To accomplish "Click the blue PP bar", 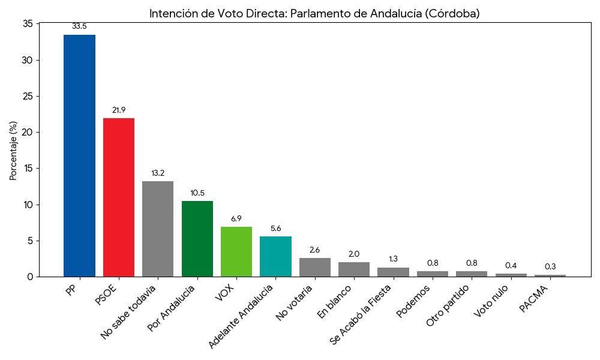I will pyautogui.click(x=79, y=156).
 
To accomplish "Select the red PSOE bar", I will pyautogui.click(x=119, y=197).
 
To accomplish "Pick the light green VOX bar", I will pyautogui.click(x=236, y=252).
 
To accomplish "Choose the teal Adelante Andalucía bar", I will pyautogui.click(x=275, y=257).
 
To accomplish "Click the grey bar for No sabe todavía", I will pyautogui.click(x=158, y=229).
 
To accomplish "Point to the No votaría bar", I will pyautogui.click(x=315, y=268).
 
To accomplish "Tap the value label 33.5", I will pyautogui.click(x=79, y=26).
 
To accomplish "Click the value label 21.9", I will pyautogui.click(x=119, y=110).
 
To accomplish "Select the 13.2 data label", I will pyautogui.click(x=158, y=173).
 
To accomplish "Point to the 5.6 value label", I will pyautogui.click(x=275, y=229).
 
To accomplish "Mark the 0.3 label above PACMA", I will pyautogui.click(x=550, y=267).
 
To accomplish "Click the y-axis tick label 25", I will pyautogui.click(x=28, y=97).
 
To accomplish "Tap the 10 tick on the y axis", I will pyautogui.click(x=28, y=205).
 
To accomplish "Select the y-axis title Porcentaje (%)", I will pyautogui.click(x=13, y=150).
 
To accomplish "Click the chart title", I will pyautogui.click(x=314, y=13).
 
